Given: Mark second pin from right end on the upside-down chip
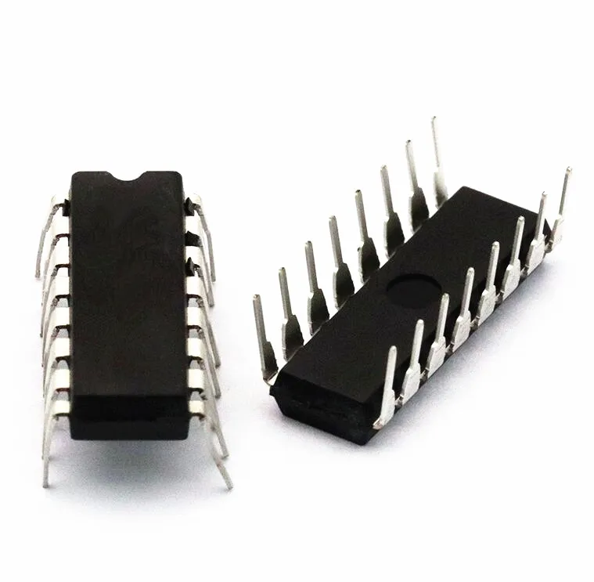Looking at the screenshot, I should click(538, 227).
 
